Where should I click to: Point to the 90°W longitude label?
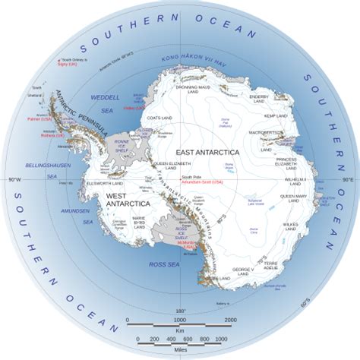click(13, 180)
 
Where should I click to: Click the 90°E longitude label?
click(346, 180)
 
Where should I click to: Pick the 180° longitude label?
click(181, 311)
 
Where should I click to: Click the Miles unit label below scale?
click(181, 351)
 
